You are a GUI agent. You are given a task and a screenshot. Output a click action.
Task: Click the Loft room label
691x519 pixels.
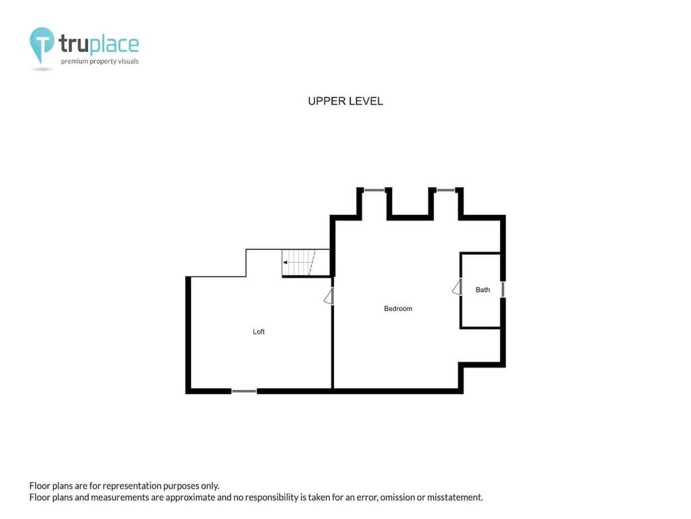click(x=258, y=331)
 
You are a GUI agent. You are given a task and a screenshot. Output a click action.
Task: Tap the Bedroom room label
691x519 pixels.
click(x=398, y=308)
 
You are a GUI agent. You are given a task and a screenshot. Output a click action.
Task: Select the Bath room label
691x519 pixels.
click(x=482, y=289)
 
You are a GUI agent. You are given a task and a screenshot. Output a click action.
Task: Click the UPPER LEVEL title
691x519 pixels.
click(x=345, y=101)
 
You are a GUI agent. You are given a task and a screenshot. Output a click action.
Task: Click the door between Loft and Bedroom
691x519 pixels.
click(x=329, y=296)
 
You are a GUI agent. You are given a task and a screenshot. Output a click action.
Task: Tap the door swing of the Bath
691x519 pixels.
click(x=457, y=287)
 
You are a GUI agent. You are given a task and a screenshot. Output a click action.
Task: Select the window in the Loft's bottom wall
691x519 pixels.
click(x=244, y=391)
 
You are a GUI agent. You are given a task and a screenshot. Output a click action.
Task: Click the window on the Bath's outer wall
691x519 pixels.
click(x=503, y=289)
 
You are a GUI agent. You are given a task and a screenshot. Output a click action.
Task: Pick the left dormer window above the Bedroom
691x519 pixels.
click(x=375, y=190)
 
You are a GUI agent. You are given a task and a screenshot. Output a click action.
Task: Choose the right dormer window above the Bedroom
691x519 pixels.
click(x=446, y=190)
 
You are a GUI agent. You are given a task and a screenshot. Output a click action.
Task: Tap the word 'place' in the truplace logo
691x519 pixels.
click(x=114, y=44)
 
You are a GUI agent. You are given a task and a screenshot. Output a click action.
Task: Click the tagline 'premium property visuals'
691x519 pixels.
click(x=100, y=61)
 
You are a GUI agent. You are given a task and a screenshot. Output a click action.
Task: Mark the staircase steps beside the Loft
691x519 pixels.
click(x=299, y=263)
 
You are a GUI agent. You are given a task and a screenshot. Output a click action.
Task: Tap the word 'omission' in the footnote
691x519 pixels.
click(x=397, y=497)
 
